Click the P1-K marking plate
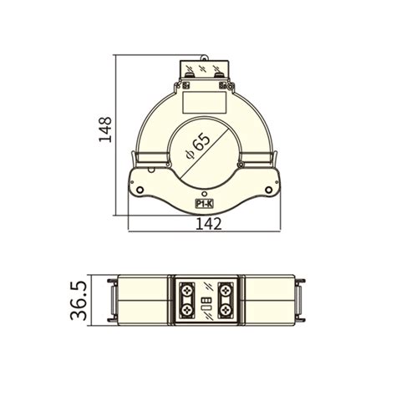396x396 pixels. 204,202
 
